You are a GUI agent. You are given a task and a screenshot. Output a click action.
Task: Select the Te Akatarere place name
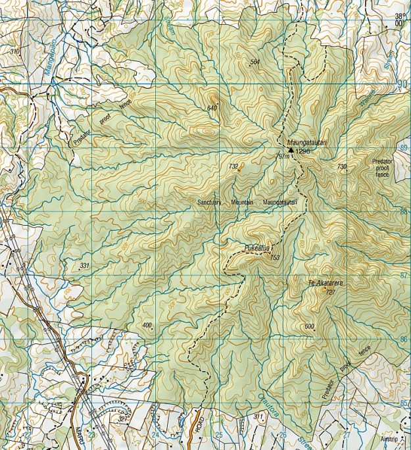click(x=326, y=283)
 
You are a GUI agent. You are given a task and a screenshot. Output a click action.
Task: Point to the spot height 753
click(x=274, y=257)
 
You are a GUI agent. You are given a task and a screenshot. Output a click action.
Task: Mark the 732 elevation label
click(x=233, y=166)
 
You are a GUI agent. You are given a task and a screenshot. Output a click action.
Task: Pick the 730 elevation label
click(x=341, y=166)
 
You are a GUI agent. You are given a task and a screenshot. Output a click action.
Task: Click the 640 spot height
click(x=212, y=108)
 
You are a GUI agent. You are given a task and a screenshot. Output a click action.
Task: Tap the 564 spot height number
click(x=255, y=62)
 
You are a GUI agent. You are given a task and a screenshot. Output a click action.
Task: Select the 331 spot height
click(x=84, y=265)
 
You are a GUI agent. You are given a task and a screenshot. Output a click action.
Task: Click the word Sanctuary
click(x=210, y=202)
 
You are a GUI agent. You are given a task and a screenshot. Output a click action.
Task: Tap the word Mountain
click(x=242, y=202)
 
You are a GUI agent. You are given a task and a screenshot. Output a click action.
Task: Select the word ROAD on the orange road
click(x=201, y=425)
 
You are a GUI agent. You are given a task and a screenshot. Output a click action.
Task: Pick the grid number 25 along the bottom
click(x=219, y=435)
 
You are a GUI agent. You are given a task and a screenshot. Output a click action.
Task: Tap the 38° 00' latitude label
click(x=400, y=19)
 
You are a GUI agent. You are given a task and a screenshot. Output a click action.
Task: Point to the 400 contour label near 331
click(x=146, y=325)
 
